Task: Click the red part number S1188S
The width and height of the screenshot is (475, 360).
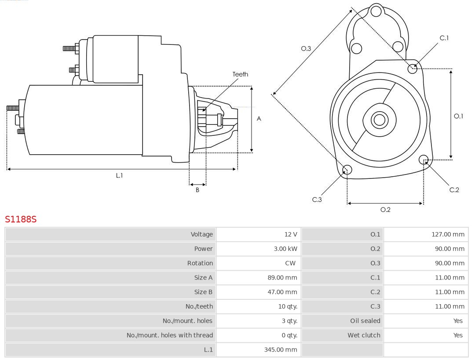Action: [21, 219]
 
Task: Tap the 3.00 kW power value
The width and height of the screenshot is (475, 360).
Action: [285, 249]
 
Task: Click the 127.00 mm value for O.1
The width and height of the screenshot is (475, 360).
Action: [448, 234]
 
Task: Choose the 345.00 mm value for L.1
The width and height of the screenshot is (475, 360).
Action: [281, 349]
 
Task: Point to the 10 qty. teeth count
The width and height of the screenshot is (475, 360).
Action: [288, 306]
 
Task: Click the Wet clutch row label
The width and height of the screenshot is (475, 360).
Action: [364, 335]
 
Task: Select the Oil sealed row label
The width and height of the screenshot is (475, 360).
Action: [365, 321]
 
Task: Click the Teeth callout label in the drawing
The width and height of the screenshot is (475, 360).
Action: [240, 74]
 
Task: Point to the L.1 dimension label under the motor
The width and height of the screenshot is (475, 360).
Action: [119, 175]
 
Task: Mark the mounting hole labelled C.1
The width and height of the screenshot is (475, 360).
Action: [413, 68]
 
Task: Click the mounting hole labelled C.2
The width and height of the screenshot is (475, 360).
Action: [424, 159]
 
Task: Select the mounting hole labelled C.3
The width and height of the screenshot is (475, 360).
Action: [347, 170]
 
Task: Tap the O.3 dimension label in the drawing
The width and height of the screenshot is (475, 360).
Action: [306, 49]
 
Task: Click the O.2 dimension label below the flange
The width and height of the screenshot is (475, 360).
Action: [385, 210]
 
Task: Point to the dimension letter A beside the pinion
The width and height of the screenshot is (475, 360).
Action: [259, 119]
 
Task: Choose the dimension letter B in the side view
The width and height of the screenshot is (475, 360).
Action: [197, 190]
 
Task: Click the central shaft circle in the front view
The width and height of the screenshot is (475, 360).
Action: [379, 120]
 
